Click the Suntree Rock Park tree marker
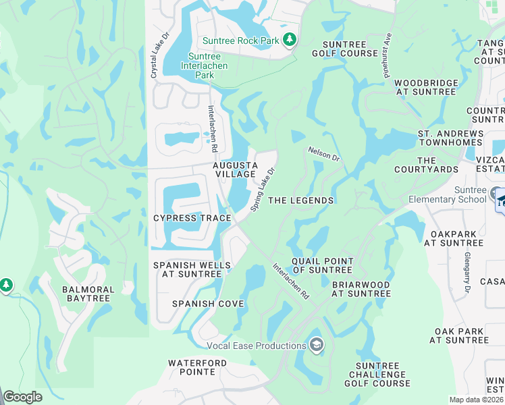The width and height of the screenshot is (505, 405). [290, 40]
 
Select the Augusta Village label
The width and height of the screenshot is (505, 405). [236, 169]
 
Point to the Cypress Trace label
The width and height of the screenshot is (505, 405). [192, 218]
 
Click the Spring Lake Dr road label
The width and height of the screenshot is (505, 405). [264, 190]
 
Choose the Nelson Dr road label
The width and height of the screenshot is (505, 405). [323, 154]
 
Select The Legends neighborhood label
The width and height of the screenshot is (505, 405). [301, 200]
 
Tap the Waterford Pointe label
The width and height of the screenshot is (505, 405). [197, 367]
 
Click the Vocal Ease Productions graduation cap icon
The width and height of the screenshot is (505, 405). [316, 346]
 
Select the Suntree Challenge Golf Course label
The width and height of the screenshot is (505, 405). [377, 375]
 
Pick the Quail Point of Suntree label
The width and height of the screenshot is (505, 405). [323, 265]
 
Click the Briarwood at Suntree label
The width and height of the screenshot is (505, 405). [361, 289]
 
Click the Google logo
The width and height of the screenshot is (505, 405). [23, 396]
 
